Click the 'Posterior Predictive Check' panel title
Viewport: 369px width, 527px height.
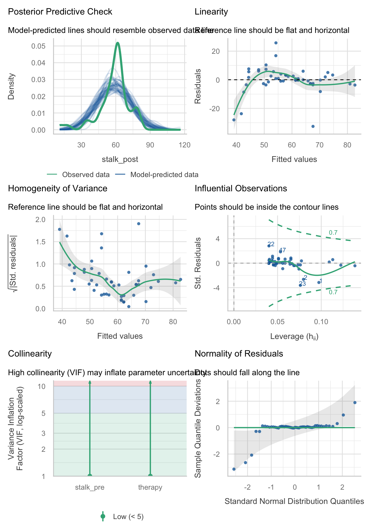[x=60, y=12]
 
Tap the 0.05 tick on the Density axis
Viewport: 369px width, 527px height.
[x=38, y=46]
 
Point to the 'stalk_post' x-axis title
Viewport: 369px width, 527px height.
[x=120, y=159]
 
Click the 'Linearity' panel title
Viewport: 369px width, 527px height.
[x=211, y=12]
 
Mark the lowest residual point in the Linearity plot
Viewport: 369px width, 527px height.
[x=313, y=126]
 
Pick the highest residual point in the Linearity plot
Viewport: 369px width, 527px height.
[x=276, y=43]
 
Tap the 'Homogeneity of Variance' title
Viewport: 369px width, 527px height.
[x=58, y=189]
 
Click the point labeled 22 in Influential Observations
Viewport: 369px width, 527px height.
[x=269, y=246]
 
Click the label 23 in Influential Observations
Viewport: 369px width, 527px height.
[x=302, y=284]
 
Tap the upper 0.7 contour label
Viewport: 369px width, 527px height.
[x=333, y=233]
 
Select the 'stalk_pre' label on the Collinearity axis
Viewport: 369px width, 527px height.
[x=90, y=487]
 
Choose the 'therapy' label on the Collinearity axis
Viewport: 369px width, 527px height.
[x=150, y=487]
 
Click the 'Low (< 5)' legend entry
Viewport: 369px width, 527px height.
[x=128, y=517]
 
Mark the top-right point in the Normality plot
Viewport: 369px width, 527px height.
[x=355, y=402]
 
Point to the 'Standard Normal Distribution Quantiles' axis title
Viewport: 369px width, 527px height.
[x=294, y=501]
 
